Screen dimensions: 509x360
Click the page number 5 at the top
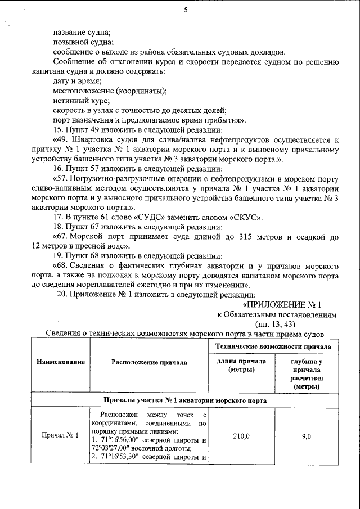[186, 10]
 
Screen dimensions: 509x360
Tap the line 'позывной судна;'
[83, 42]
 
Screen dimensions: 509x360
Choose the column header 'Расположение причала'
[149, 363]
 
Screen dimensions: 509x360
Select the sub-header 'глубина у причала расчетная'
[306, 374]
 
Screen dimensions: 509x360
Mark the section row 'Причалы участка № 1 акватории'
[186, 400]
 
